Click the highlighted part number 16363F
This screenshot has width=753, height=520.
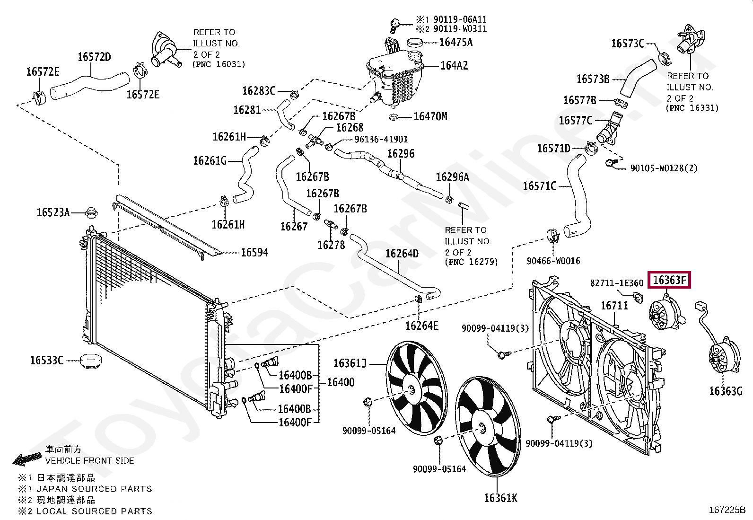click(x=669, y=280)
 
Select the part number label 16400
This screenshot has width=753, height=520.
click(x=340, y=382)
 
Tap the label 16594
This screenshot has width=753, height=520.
click(x=254, y=253)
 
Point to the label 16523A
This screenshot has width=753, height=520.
click(x=53, y=212)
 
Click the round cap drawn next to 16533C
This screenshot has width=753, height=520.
click(x=90, y=362)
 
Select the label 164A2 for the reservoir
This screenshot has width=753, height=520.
click(x=454, y=66)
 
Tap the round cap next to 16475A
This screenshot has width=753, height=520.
click(x=415, y=42)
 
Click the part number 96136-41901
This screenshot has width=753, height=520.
click(x=381, y=139)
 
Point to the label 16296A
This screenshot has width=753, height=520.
click(x=452, y=177)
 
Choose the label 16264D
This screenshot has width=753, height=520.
click(x=402, y=254)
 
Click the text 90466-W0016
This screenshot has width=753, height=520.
click(x=553, y=261)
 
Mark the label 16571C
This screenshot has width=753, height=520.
click(x=539, y=186)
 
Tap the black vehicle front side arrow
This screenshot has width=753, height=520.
click(x=26, y=458)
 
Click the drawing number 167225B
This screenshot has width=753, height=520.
click(x=727, y=510)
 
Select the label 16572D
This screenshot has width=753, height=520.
click(x=94, y=57)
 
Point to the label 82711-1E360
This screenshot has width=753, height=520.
click(x=616, y=283)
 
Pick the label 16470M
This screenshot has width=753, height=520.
click(x=430, y=116)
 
